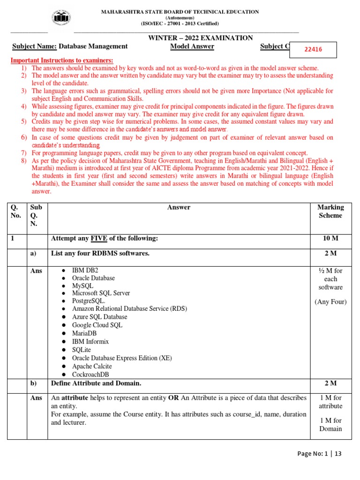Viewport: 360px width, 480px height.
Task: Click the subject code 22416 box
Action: [314, 49]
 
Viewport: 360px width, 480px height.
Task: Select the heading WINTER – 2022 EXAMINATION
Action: [201, 38]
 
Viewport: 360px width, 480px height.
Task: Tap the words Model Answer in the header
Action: [192, 46]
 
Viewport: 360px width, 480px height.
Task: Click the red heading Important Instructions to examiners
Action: [62, 61]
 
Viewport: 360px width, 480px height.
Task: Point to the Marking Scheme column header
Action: [330, 211]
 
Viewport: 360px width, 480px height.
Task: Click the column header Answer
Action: [179, 207]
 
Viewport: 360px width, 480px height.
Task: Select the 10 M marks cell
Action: [330, 239]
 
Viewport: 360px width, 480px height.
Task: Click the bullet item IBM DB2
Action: [85, 270]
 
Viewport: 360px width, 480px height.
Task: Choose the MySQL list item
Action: [82, 285]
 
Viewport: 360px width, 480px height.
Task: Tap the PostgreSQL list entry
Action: [89, 301]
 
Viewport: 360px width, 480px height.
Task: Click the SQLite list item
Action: [82, 350]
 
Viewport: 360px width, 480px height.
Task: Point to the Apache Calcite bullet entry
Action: [92, 366]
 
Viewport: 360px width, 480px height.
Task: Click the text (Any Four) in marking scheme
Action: [330, 301]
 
